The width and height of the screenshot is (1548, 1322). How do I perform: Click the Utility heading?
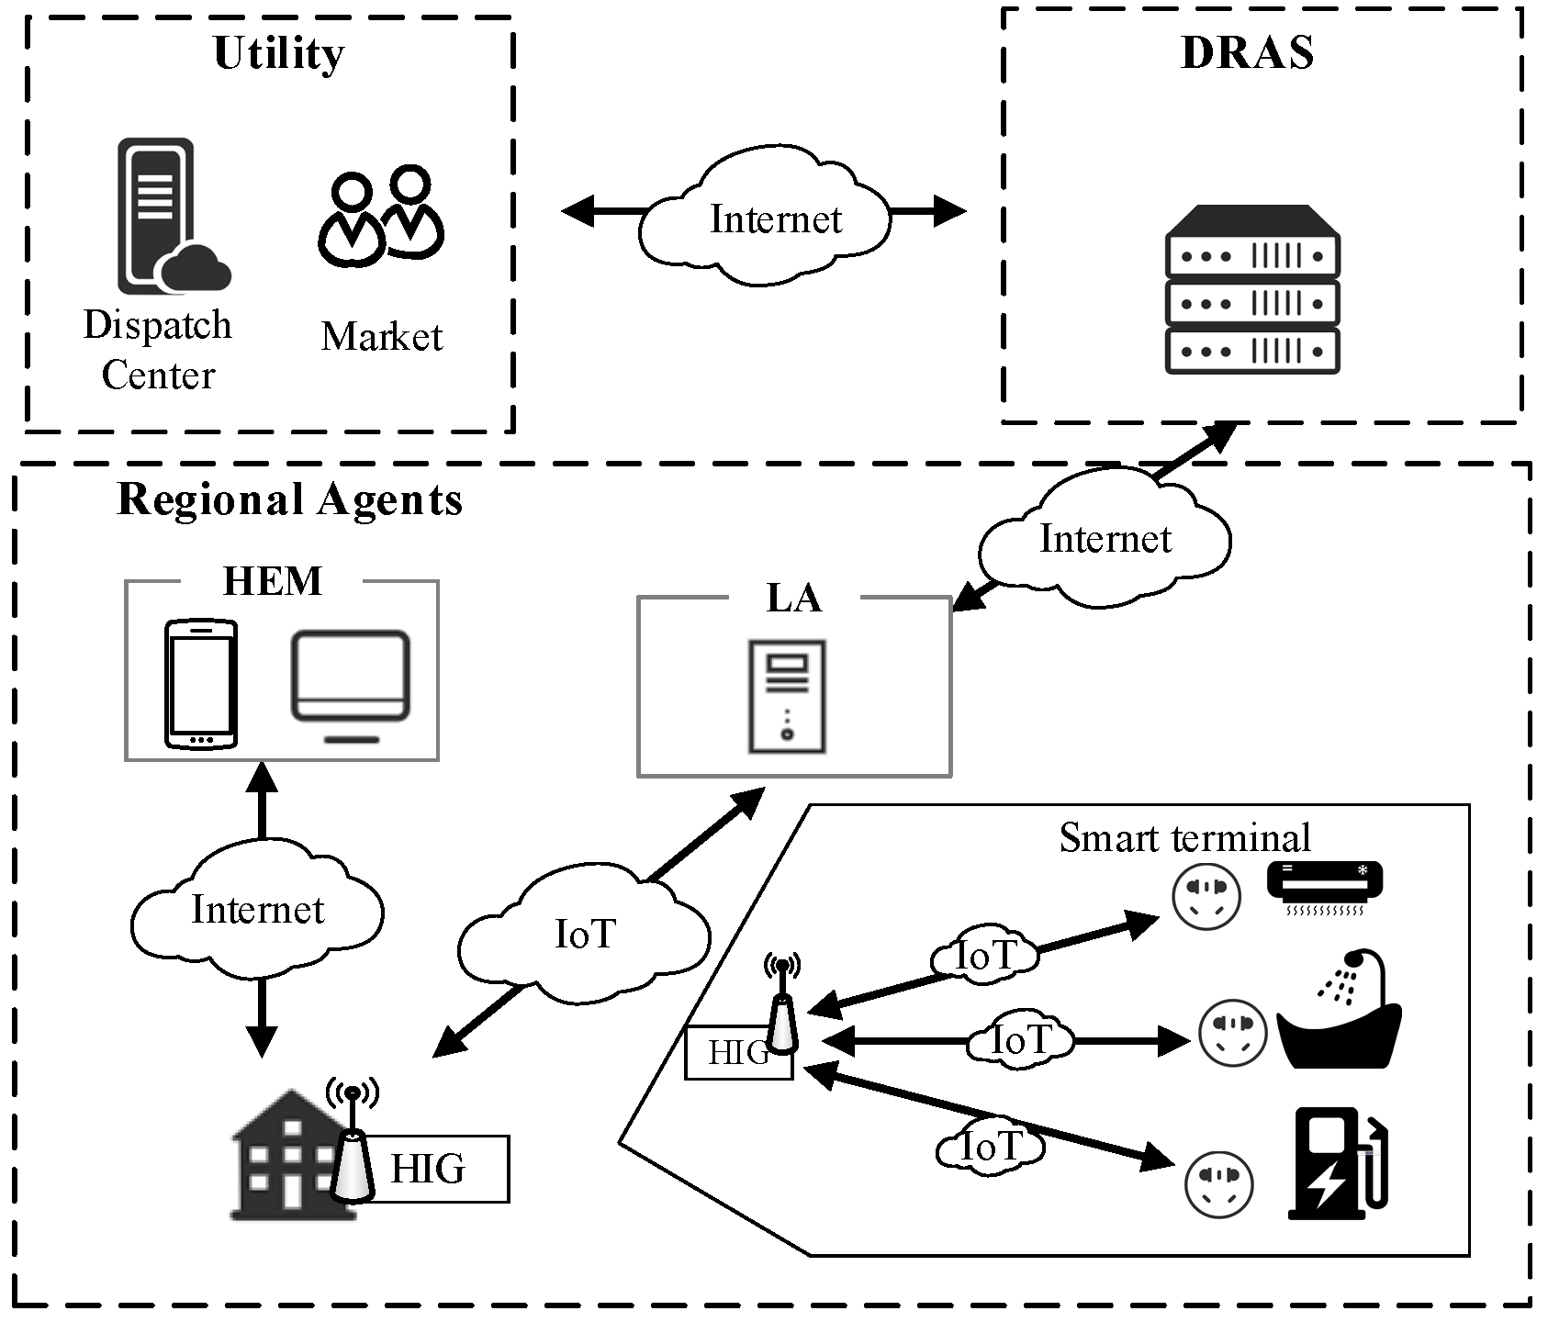tap(278, 53)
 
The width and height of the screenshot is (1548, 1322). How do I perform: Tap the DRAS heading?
tap(1247, 52)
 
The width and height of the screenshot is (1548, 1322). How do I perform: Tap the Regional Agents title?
tap(289, 500)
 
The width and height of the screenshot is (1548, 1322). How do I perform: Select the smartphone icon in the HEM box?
tap(201, 684)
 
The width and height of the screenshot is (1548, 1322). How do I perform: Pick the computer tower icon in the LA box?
tap(787, 697)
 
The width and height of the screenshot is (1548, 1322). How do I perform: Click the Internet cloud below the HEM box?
tap(257, 910)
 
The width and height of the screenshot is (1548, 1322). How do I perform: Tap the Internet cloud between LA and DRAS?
tap(1105, 539)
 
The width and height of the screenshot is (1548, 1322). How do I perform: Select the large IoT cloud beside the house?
tap(584, 935)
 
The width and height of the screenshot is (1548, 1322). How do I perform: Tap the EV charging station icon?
tap(1339, 1164)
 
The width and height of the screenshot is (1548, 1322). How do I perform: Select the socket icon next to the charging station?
tap(1218, 1185)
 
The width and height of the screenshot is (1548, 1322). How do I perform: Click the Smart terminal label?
tap(1184, 837)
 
